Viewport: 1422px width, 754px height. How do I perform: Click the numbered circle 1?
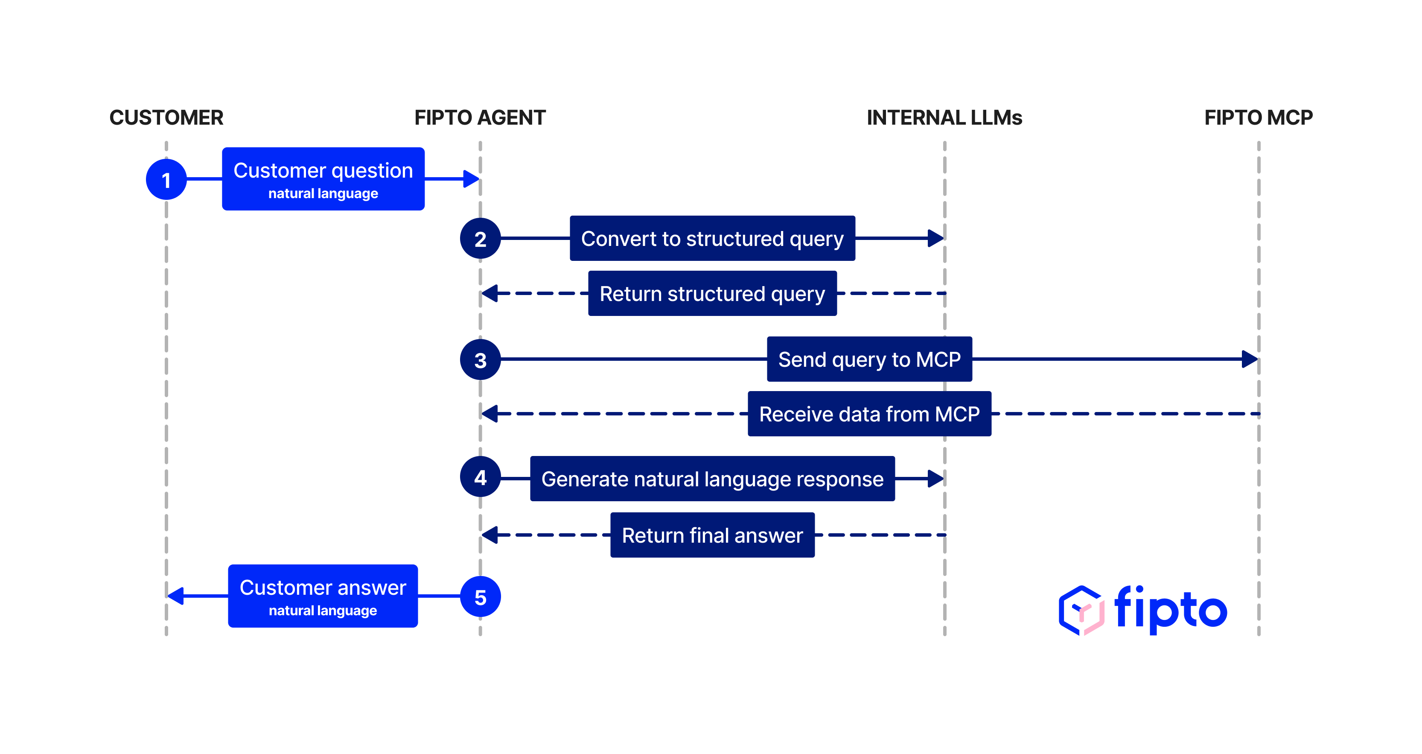click(x=166, y=179)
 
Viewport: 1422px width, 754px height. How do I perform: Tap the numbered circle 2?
click(x=480, y=239)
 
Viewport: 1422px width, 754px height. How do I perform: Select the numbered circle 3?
click(x=480, y=360)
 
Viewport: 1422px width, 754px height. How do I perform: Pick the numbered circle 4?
click(x=480, y=477)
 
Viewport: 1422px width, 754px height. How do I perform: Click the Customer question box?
click(x=323, y=179)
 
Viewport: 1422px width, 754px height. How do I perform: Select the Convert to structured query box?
click(x=712, y=239)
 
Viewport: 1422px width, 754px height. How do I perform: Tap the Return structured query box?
click(x=712, y=293)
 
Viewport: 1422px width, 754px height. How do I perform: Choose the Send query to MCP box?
click(x=869, y=359)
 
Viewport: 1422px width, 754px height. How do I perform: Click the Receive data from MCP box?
click(x=869, y=414)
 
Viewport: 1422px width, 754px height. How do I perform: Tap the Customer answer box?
click(x=323, y=596)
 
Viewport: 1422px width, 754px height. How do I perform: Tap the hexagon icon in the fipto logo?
click(x=1081, y=611)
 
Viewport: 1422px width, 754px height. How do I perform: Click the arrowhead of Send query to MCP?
click(x=1249, y=359)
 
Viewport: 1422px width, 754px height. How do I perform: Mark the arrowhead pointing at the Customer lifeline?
click(x=175, y=596)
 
